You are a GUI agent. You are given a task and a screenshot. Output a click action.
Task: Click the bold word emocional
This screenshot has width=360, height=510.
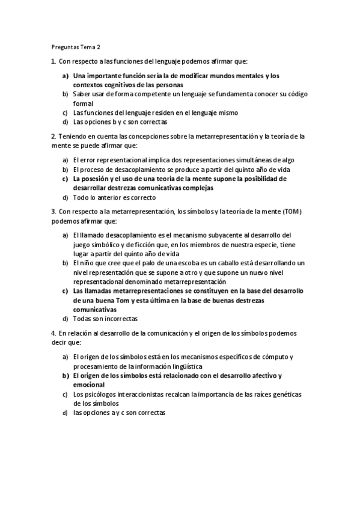click(89, 385)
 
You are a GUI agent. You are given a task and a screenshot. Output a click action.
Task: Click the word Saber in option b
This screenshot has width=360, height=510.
click(81, 94)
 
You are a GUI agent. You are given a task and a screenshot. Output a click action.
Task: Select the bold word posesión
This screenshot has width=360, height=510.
click(93, 179)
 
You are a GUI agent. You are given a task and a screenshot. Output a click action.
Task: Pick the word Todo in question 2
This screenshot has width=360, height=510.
click(80, 197)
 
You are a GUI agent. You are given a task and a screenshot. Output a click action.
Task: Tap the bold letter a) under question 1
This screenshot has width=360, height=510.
click(65, 76)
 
